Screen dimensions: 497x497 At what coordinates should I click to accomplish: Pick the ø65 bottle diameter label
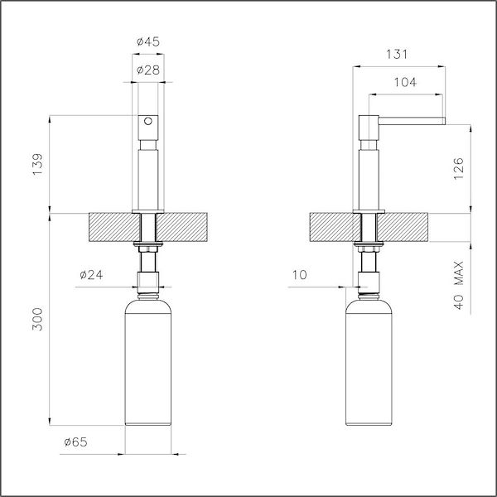[75, 443]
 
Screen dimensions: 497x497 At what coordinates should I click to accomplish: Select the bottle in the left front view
[148, 364]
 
